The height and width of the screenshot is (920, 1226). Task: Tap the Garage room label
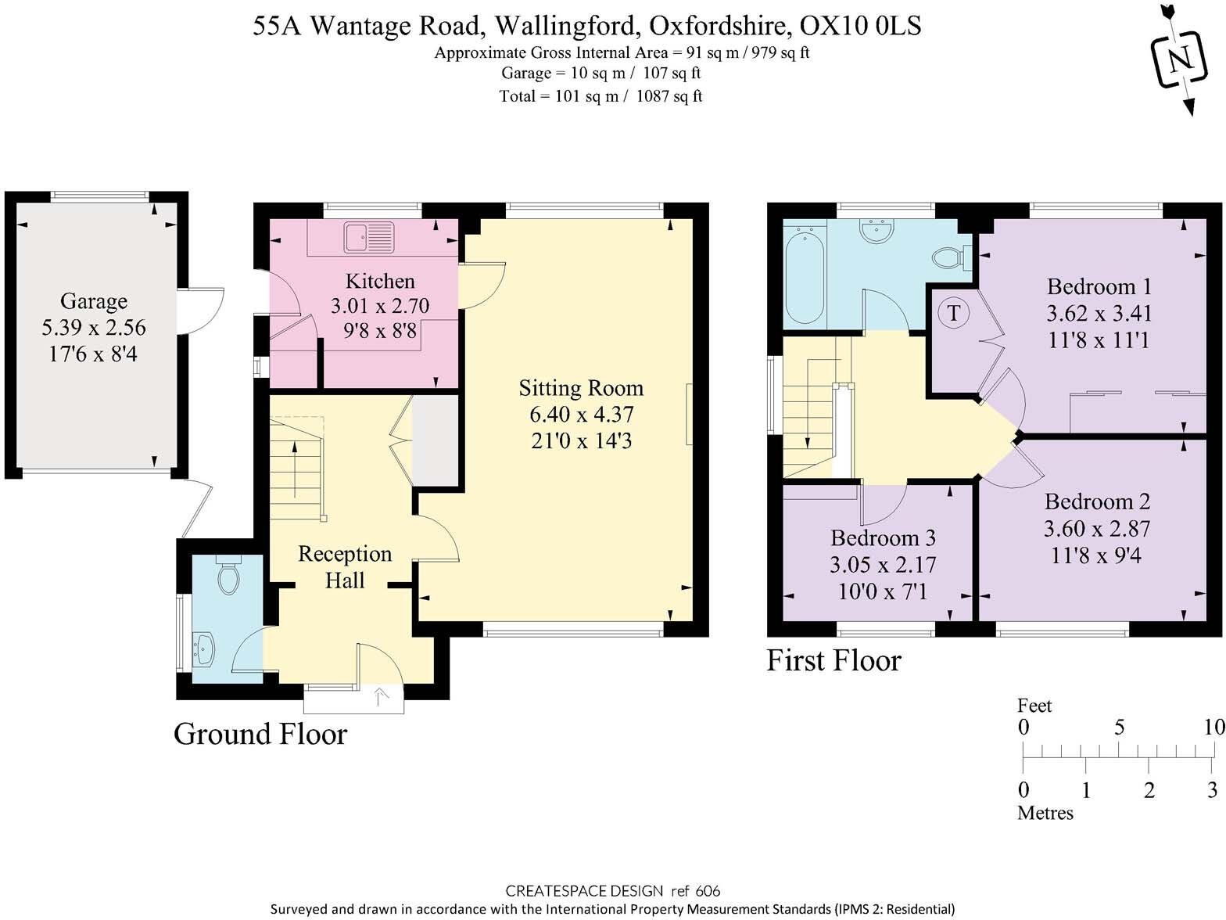(94, 301)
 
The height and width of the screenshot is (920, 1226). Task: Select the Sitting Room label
(581, 388)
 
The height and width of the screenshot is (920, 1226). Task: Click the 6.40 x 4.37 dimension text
(581, 415)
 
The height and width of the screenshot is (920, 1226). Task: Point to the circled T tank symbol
(953, 314)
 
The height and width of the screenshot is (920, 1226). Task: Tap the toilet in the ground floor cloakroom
(228, 577)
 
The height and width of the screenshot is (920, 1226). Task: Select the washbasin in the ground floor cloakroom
(204, 649)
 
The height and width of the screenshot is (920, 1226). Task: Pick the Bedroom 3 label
(883, 538)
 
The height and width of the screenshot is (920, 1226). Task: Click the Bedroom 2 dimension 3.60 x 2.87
(1096, 529)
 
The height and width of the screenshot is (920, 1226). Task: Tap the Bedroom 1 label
(1099, 286)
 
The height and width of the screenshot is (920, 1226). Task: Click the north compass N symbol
(1181, 59)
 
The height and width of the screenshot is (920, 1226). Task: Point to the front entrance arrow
(381, 695)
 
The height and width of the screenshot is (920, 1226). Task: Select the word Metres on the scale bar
(1045, 813)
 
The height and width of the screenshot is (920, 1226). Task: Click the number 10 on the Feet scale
(1213, 727)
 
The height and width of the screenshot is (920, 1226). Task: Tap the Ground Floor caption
(260, 734)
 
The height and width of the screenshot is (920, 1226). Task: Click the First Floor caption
(833, 661)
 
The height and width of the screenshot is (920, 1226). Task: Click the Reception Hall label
(345, 567)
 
